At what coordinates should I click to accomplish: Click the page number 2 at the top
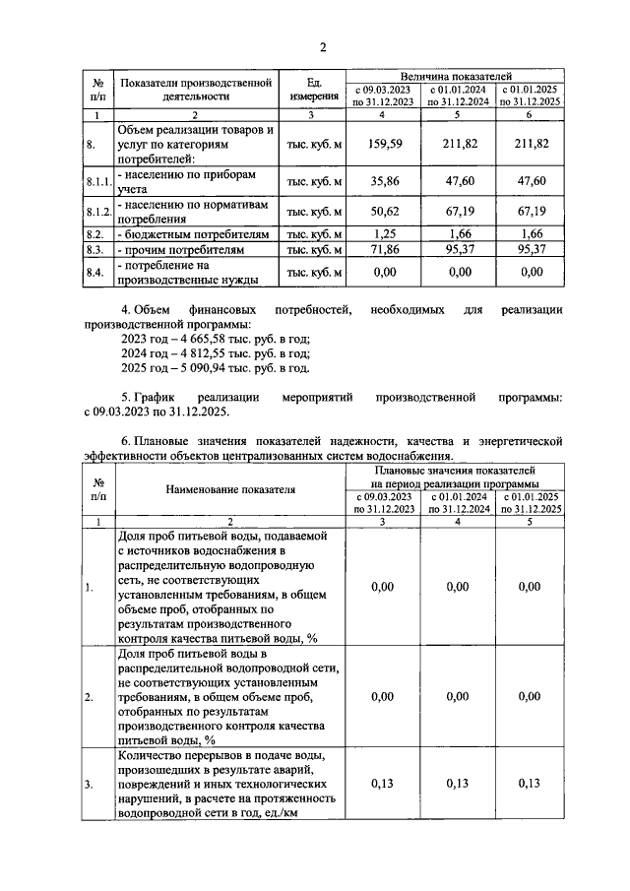[321, 47]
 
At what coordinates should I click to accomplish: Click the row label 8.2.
[95, 234]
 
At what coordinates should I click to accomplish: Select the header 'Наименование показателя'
[230, 488]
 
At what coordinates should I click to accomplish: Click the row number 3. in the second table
[90, 784]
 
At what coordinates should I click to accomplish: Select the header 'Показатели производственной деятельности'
[195, 90]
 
